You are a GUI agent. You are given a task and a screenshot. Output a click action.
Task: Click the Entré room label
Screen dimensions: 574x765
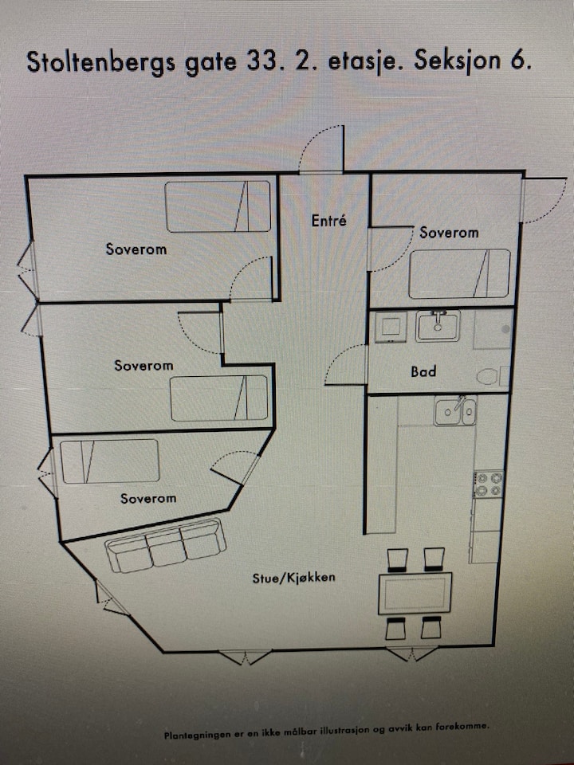pos(329,221)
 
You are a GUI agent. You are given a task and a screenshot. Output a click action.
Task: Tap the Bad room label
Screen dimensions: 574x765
pos(423,372)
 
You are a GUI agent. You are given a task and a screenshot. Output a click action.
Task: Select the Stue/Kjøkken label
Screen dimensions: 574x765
pos(294,579)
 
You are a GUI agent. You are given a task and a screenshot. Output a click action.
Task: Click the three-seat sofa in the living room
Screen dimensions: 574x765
pos(166,545)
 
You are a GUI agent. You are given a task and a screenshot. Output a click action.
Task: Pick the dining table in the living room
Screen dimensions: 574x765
pos(415,593)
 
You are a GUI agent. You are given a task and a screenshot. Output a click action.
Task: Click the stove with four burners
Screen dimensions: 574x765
pos(489,484)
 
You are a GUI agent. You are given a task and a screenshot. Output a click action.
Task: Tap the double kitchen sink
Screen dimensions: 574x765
pos(455,410)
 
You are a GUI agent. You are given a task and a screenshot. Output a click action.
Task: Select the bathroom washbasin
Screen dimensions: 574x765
pos(438,325)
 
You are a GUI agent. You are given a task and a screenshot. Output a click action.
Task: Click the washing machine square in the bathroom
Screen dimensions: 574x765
pos(391,327)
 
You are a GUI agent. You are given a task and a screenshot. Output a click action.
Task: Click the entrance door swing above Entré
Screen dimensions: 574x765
pos(321,149)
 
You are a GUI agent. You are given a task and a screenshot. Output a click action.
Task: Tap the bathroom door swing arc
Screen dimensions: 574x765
pos(345,364)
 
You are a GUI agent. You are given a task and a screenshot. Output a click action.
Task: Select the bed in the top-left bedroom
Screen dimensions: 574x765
pos(218,206)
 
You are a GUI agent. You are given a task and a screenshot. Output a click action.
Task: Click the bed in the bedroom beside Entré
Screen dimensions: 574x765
pos(459,273)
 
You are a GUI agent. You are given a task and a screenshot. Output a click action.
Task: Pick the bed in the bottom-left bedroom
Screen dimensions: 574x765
pos(110,461)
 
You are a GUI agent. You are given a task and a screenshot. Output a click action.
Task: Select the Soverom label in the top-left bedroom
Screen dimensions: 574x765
pos(136,249)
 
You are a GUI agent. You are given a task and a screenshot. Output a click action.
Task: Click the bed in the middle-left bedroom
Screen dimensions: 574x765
pos(219,398)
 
